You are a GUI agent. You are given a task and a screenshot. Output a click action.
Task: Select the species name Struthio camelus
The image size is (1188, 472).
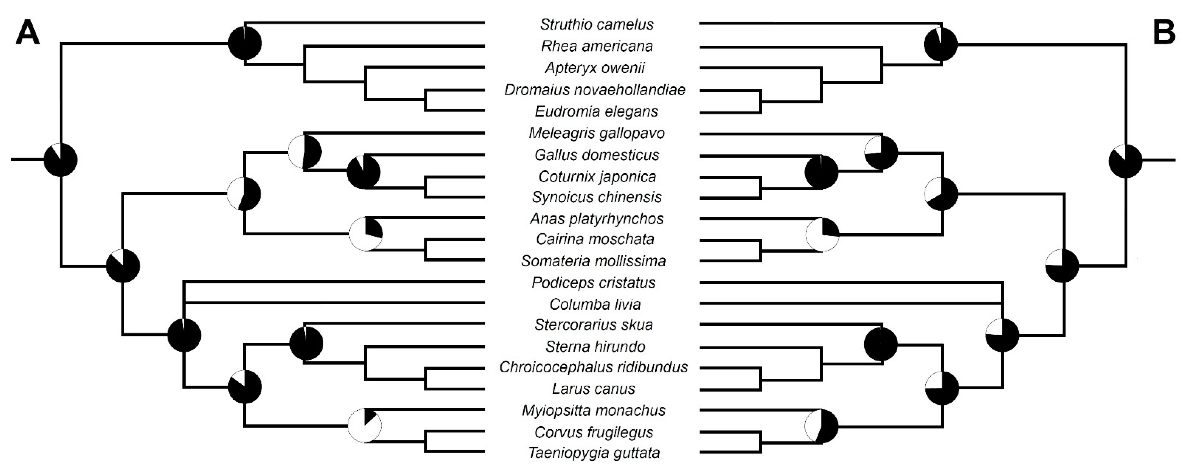[597, 24]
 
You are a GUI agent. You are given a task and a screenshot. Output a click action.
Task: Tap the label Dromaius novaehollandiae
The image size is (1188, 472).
[595, 90]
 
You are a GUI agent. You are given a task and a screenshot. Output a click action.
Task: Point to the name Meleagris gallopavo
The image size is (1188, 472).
[597, 133]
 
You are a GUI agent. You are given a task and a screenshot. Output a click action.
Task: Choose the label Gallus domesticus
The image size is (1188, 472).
[597, 155]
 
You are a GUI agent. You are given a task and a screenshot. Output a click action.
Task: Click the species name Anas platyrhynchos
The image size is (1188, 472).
[597, 218]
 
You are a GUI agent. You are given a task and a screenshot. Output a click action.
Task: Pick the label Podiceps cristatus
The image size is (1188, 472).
[593, 282]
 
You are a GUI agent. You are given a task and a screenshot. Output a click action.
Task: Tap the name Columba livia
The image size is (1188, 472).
[595, 304]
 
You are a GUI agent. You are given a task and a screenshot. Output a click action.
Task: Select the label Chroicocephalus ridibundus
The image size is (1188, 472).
[593, 368]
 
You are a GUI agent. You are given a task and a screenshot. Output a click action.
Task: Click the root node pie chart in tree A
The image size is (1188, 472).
[61, 160]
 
